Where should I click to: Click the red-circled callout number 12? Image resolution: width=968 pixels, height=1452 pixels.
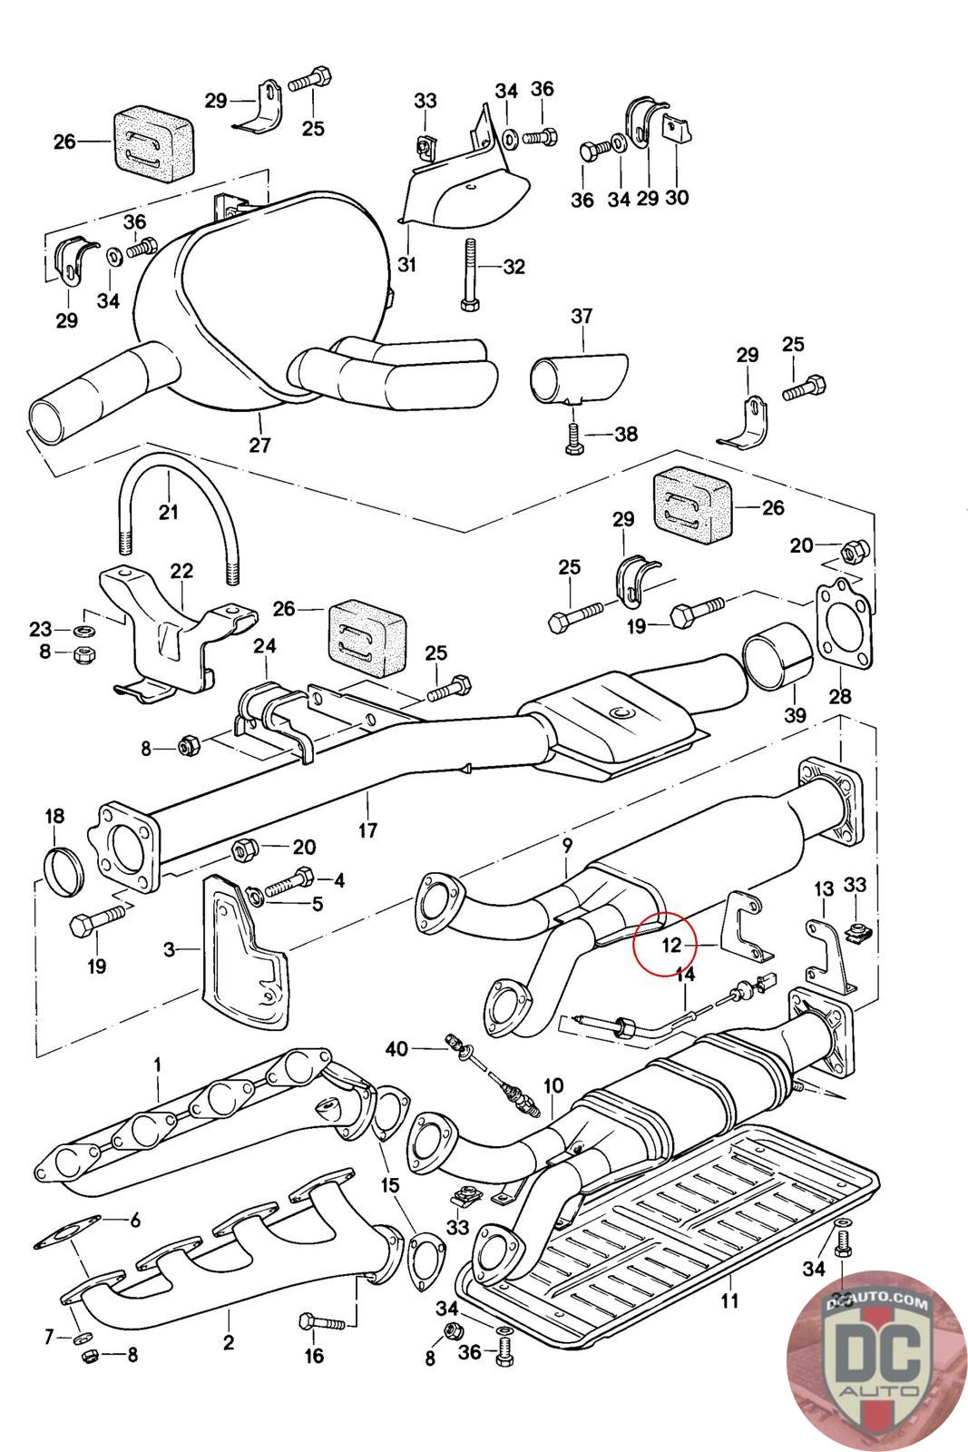670,946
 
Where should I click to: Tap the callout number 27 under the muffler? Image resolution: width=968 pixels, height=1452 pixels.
259,445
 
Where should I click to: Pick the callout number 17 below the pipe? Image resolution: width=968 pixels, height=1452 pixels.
367,829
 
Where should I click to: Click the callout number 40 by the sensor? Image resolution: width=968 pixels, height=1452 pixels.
396,1049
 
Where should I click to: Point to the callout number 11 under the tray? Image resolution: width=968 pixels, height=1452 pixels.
729,1300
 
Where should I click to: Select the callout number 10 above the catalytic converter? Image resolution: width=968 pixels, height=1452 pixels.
553,1085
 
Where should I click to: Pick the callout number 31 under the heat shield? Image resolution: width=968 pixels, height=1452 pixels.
406,265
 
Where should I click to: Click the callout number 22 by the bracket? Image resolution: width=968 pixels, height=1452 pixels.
181,571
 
